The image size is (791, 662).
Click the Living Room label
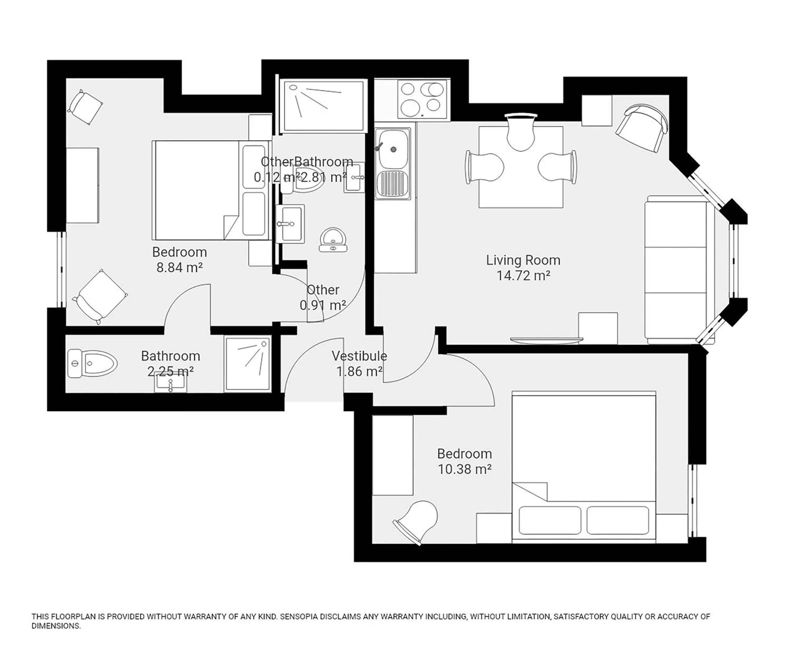tap(523, 260)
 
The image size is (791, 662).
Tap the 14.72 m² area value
tap(523, 276)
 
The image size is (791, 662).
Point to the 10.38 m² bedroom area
tap(464, 469)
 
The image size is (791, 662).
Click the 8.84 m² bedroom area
tap(179, 267)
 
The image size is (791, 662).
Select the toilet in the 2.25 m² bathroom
tap(92, 363)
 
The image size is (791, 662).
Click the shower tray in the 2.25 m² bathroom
tap(248, 363)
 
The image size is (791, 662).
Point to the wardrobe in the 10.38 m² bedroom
tap(393, 455)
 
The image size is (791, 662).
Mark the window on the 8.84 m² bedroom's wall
tap(61, 269)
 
